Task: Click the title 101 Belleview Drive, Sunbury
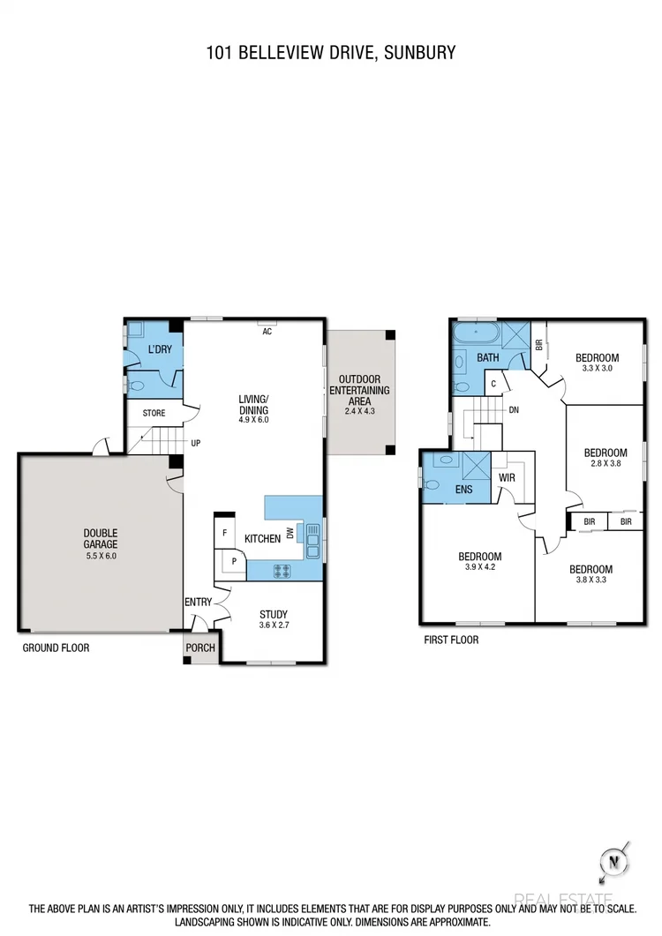tap(331, 53)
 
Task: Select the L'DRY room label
tap(160, 349)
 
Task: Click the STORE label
tap(154, 412)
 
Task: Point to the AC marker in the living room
tap(266, 331)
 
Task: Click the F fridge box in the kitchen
tap(224, 533)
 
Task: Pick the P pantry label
tap(234, 560)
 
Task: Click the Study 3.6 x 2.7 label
tap(273, 620)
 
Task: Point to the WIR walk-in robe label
tap(507, 477)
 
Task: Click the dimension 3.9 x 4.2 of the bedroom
tap(479, 567)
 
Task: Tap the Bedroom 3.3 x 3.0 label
tap(597, 363)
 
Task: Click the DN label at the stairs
tap(513, 410)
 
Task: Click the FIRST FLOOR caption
tap(451, 640)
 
